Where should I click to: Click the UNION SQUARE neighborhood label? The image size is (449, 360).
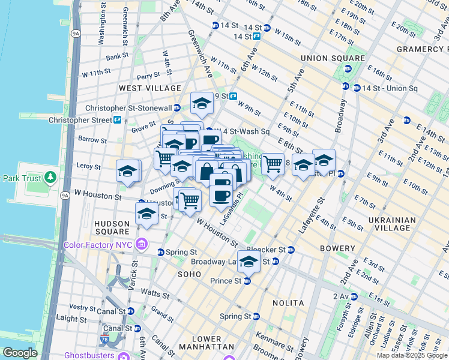point(333,58)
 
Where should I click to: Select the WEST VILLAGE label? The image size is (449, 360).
point(149,88)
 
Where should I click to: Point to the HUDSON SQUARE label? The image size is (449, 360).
point(112,227)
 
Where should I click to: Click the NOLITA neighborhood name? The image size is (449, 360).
point(289,303)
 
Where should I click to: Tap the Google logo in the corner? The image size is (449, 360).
point(19,353)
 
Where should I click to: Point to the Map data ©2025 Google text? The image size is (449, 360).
point(412,355)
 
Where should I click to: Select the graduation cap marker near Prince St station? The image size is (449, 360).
point(248,262)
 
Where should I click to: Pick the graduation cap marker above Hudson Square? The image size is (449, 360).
point(146,214)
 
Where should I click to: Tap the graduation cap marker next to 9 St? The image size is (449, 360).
point(202,104)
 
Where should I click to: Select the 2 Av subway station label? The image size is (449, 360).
point(340,296)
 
